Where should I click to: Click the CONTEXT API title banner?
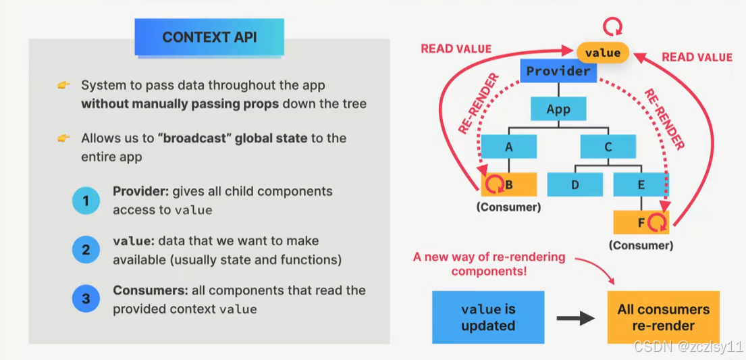(209, 37)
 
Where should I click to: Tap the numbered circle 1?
(86, 201)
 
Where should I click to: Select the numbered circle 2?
(86, 250)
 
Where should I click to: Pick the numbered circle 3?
(86, 300)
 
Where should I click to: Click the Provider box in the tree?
(558, 71)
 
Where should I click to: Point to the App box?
(558, 109)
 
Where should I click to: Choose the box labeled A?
(509, 147)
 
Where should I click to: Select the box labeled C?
(608, 147)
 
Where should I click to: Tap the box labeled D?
(575, 184)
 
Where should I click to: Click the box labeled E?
(641, 184)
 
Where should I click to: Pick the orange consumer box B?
(509, 184)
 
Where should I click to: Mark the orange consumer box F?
(641, 222)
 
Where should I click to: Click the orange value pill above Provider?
(602, 52)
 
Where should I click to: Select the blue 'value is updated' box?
(488, 317)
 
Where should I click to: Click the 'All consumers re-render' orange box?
(663, 317)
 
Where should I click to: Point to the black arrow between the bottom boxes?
(575, 318)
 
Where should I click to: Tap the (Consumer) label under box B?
(508, 207)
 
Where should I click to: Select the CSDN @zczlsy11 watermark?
(689, 346)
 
